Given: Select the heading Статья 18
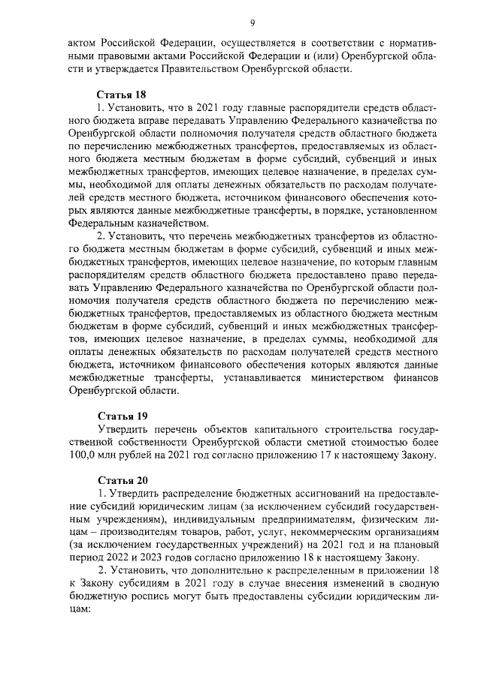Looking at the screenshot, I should pyautogui.click(x=123, y=95).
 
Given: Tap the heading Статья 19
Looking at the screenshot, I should pyautogui.click(x=123, y=416).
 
